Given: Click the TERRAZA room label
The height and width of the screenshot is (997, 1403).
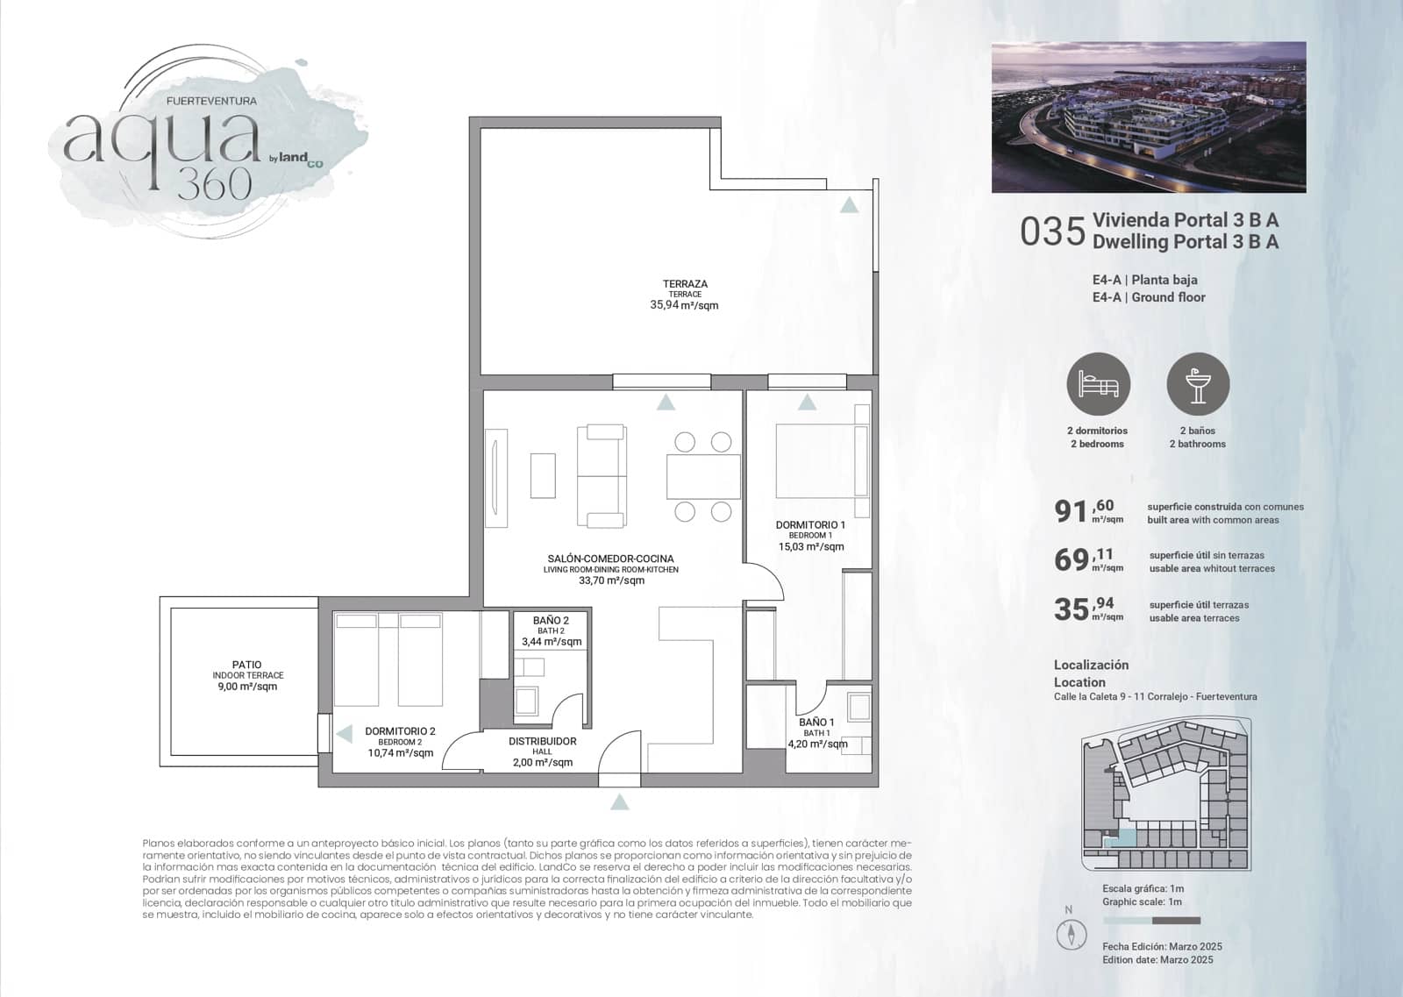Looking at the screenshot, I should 685,284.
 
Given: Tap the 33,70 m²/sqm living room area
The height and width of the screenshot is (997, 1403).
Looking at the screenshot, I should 611,580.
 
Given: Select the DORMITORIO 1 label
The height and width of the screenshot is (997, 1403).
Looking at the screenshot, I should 810,525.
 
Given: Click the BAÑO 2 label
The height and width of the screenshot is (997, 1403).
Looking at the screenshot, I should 551,621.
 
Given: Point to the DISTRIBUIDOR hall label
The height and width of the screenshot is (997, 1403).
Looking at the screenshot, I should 542,741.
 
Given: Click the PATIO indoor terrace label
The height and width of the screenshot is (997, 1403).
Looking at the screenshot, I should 247,665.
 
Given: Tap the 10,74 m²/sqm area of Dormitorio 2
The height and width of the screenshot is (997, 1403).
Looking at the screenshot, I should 400,752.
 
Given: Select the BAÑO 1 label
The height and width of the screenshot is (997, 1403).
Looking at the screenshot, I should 816,723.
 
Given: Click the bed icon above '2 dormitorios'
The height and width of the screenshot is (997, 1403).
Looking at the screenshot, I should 1098,384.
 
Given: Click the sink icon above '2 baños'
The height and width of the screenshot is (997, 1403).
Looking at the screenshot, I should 1198,384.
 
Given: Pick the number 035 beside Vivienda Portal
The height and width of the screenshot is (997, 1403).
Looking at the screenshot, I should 1052,232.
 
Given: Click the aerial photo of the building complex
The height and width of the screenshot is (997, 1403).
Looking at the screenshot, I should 1149,117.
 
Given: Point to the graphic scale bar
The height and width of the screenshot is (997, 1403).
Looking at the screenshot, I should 1151,921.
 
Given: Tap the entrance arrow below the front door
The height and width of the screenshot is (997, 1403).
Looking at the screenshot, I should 620,801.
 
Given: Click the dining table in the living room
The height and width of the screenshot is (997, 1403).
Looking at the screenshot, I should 702,476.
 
